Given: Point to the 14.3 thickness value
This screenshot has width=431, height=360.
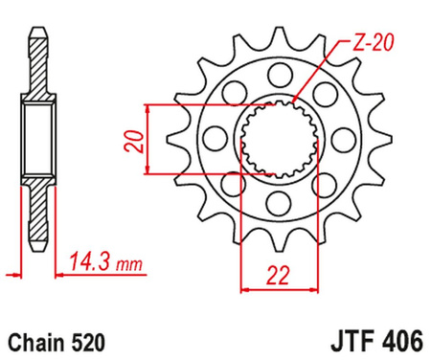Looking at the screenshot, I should (x=89, y=259).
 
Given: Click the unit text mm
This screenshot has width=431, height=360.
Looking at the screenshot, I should (x=125, y=259).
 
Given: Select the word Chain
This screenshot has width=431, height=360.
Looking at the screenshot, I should (x=35, y=340).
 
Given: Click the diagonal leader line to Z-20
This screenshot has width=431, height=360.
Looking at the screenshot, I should (x=316, y=78).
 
